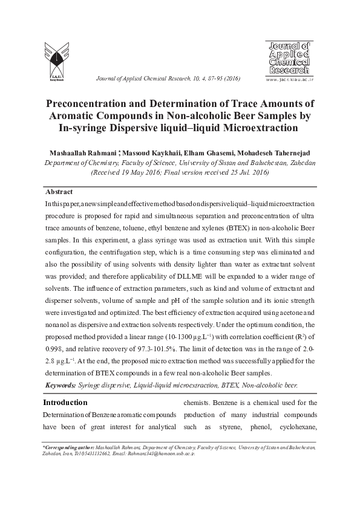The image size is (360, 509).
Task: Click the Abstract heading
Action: click(59, 192)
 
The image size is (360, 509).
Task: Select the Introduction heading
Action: click(65, 402)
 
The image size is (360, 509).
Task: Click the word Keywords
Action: click(60, 384)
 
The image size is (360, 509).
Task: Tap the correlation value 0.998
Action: click(54, 351)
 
